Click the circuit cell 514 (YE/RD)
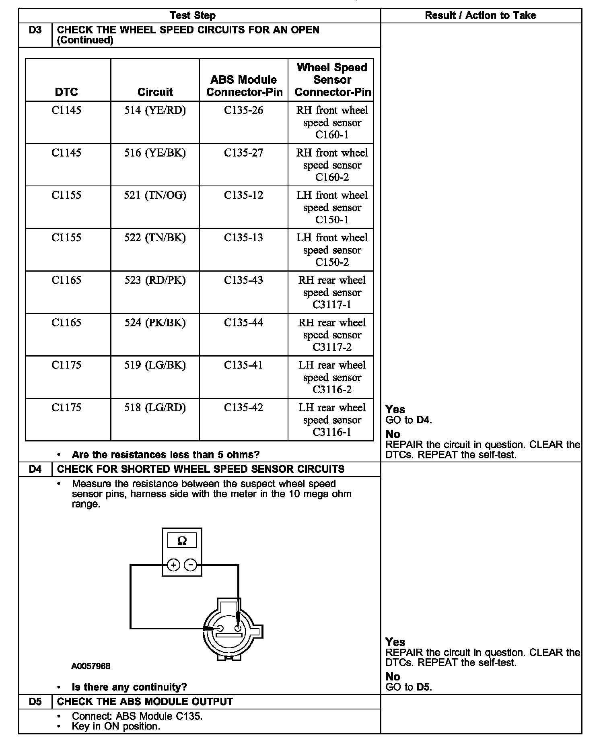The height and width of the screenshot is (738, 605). (x=155, y=110)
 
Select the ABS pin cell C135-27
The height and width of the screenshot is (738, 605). (x=243, y=153)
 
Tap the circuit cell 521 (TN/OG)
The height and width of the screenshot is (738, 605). (x=155, y=195)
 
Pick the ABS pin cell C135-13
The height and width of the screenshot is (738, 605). (x=243, y=237)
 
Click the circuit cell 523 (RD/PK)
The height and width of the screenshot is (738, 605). (x=155, y=280)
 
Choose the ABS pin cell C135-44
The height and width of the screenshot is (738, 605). (x=243, y=322)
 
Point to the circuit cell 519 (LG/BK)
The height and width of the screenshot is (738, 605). (x=155, y=365)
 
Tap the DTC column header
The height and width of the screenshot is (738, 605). (x=66, y=92)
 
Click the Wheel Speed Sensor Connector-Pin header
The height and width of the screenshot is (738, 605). (x=332, y=80)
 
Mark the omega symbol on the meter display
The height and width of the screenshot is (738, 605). (x=182, y=541)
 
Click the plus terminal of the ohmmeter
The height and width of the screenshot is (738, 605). (x=173, y=565)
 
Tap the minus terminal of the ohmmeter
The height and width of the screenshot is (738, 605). (x=190, y=565)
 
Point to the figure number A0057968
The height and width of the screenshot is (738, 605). (x=91, y=666)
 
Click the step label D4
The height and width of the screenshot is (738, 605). (x=35, y=469)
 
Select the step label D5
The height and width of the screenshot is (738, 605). (x=35, y=702)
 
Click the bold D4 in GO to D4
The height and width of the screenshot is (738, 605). (x=423, y=420)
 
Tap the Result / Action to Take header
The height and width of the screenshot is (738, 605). (x=480, y=16)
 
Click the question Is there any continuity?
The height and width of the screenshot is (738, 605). (x=129, y=687)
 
